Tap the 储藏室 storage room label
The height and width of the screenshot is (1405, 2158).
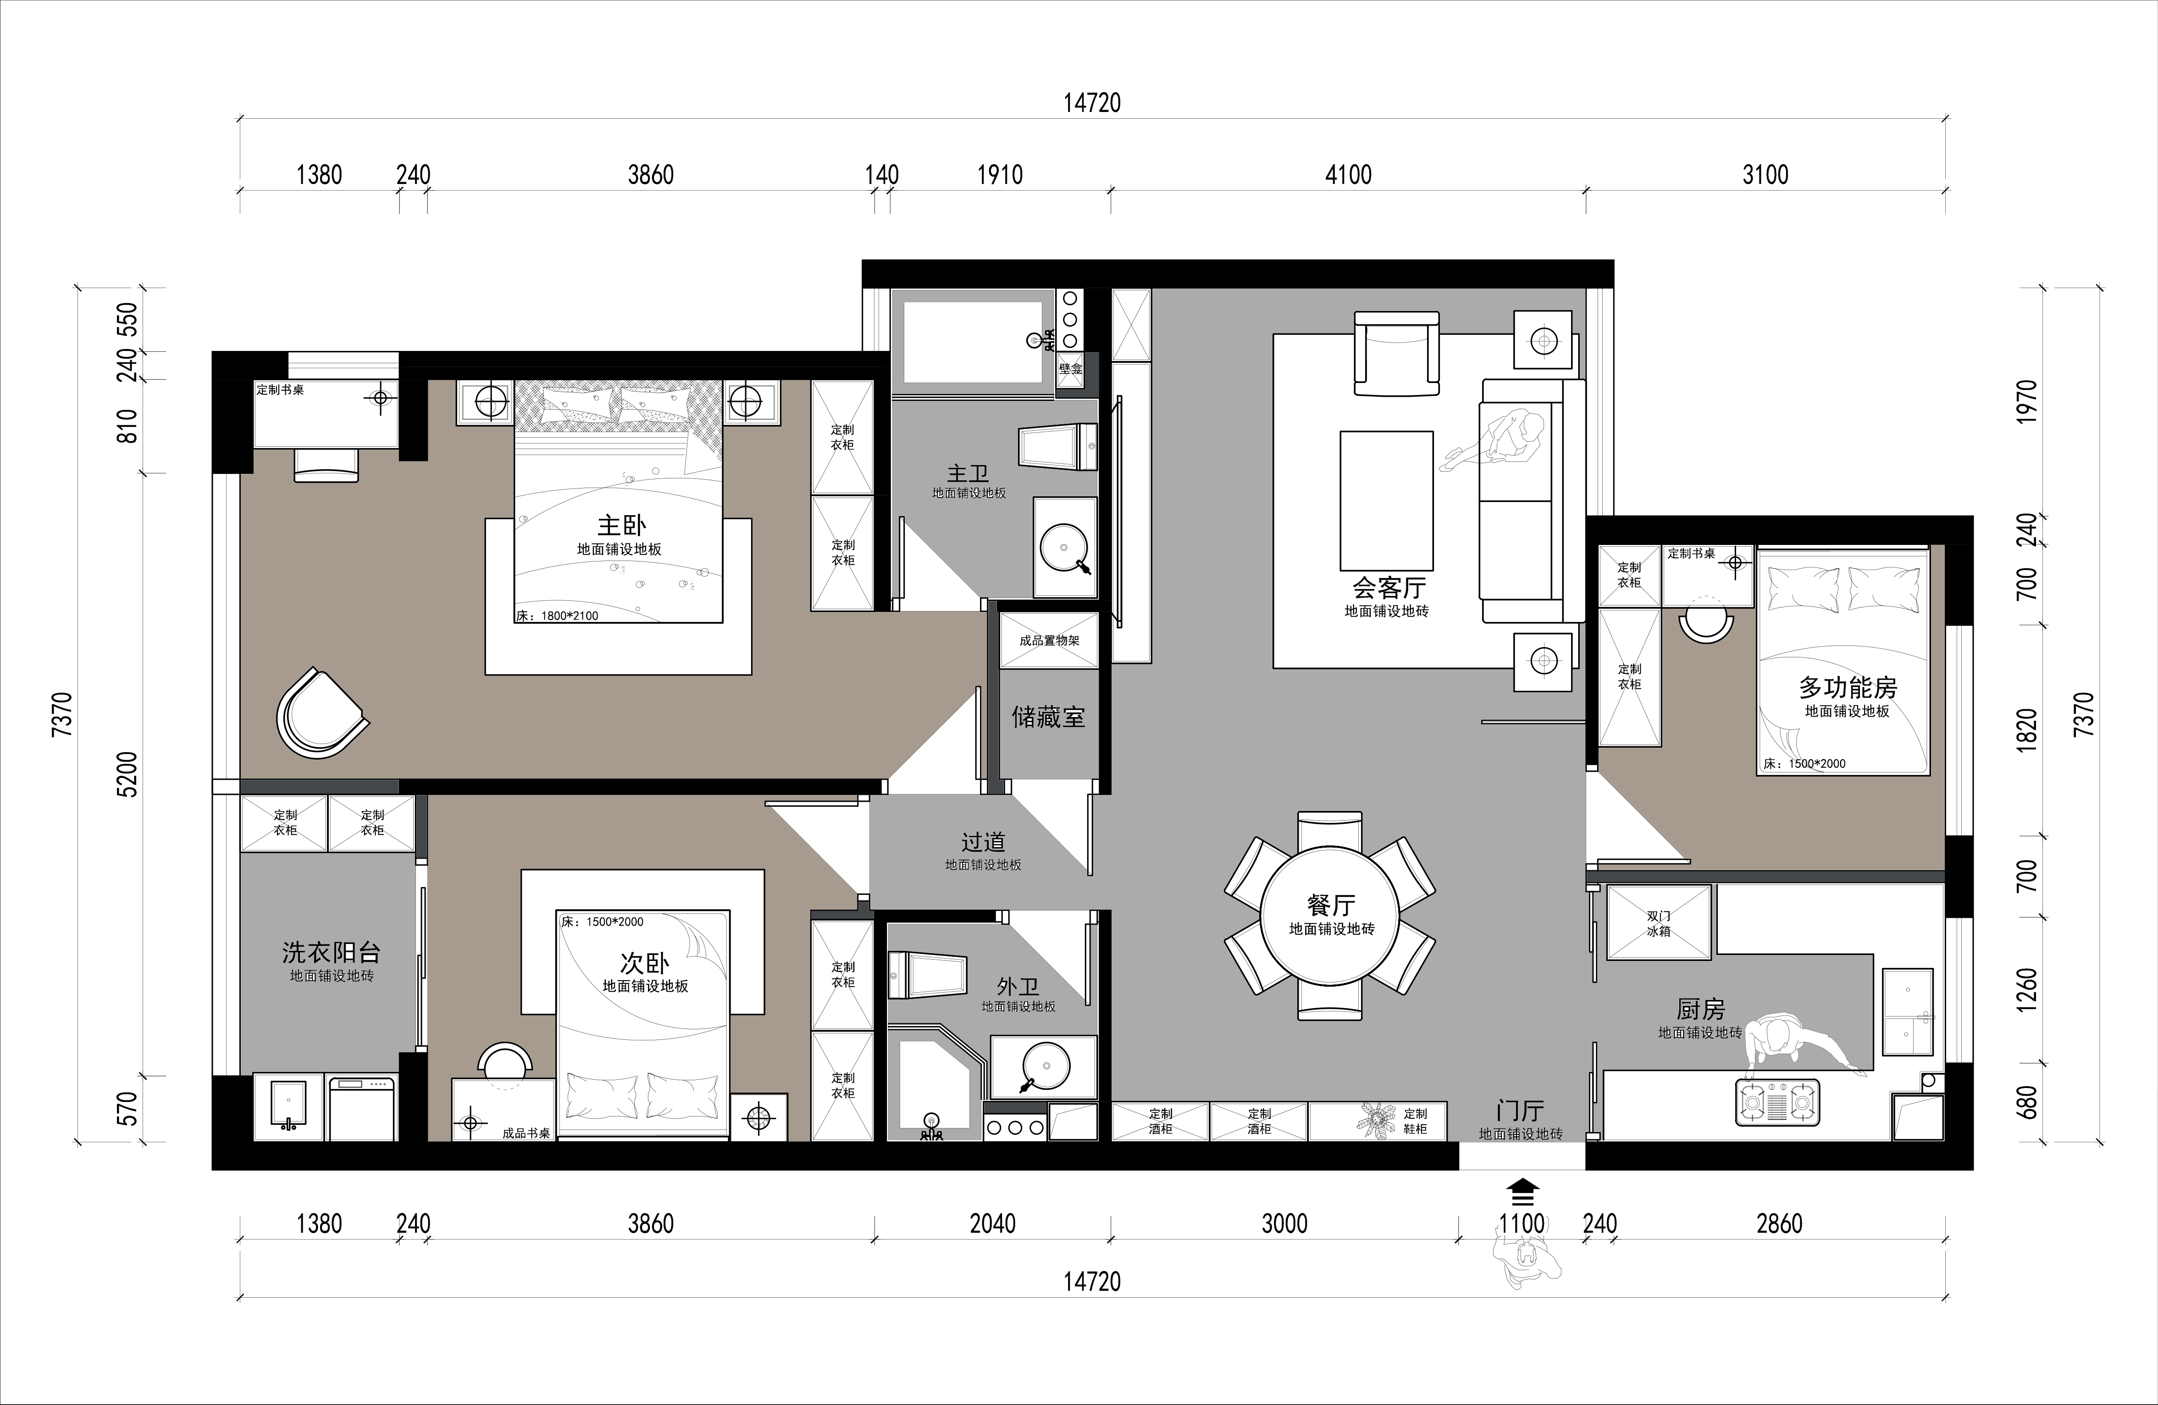coord(1048,717)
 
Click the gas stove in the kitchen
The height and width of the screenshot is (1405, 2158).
coord(1777,1103)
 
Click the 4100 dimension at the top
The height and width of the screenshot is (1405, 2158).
coord(1348,175)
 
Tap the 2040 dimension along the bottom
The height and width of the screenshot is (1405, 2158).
coord(993,1224)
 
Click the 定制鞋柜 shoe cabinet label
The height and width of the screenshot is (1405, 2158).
coord(1416,1121)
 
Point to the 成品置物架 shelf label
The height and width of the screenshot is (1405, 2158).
coord(1049,640)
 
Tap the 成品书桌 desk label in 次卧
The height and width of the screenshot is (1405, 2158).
coord(526,1133)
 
